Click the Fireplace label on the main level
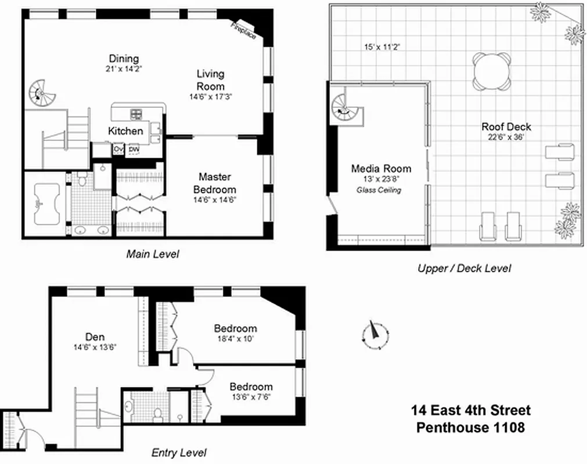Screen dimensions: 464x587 pyautogui.click(x=244, y=30)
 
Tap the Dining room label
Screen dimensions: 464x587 pyautogui.click(x=124, y=59)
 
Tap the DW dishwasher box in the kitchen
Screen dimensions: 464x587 pyautogui.click(x=134, y=150)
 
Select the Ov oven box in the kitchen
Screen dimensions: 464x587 pyautogui.click(x=118, y=150)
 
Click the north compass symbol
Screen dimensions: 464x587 pyautogui.click(x=375, y=333)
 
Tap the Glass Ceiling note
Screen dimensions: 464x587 pyautogui.click(x=381, y=190)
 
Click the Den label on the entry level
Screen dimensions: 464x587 pyautogui.click(x=95, y=336)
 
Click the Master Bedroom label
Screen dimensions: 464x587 pyautogui.click(x=214, y=183)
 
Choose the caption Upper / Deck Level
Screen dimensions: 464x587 pyautogui.click(x=464, y=268)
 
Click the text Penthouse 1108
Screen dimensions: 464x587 pyautogui.click(x=470, y=428)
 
